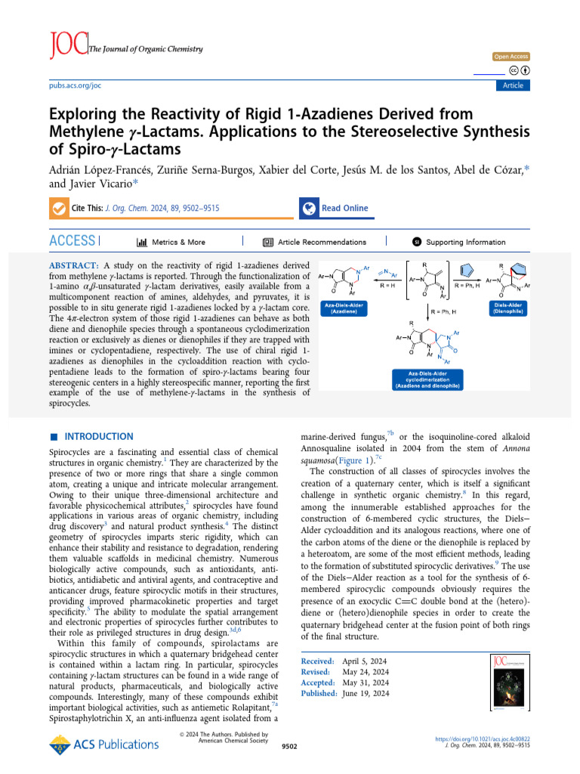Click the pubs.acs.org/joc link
click(75, 85)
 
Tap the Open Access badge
click(511, 57)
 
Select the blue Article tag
click(513, 85)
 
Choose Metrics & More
click(171, 242)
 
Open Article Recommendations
click(314, 242)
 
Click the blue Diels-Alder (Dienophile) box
click(510, 308)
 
